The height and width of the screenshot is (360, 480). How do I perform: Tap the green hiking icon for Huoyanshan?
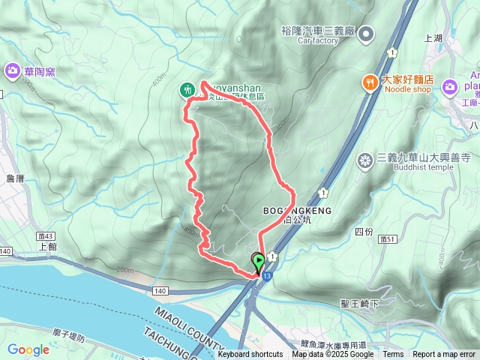click(x=186, y=90)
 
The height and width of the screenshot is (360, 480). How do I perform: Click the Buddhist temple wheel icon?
click(x=365, y=160)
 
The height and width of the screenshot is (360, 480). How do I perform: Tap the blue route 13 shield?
click(x=268, y=276)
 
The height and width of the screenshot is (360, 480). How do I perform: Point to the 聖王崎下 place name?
click(x=359, y=304)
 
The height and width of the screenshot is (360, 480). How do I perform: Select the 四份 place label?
click(x=363, y=232)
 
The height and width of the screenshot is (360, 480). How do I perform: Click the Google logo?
click(x=28, y=349)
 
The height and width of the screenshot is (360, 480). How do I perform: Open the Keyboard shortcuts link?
click(x=250, y=355)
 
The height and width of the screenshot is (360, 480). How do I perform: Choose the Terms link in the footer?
click(x=393, y=355)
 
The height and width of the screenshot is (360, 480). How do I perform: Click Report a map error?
click(x=444, y=355)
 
